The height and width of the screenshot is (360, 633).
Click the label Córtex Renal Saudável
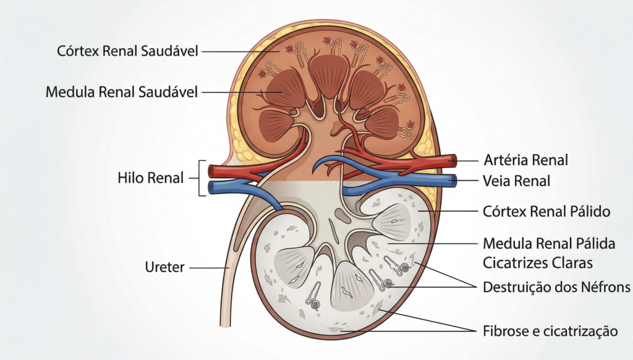128,51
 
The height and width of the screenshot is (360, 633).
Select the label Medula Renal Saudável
122,92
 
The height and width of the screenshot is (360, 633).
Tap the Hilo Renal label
150,178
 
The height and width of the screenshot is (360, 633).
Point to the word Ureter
164,268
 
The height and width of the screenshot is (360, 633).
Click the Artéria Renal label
525,160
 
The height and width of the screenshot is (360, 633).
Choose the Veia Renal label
516,181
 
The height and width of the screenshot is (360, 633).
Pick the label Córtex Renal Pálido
546,212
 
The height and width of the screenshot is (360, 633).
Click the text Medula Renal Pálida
549,244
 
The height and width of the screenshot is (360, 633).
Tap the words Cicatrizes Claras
538,263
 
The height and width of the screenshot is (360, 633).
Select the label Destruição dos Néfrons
556,287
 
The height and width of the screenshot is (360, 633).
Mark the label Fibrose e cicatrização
550,331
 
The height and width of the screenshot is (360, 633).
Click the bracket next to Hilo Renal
200,178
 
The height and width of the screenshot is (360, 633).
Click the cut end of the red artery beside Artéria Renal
454,161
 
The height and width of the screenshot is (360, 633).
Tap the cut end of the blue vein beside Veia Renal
454,181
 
